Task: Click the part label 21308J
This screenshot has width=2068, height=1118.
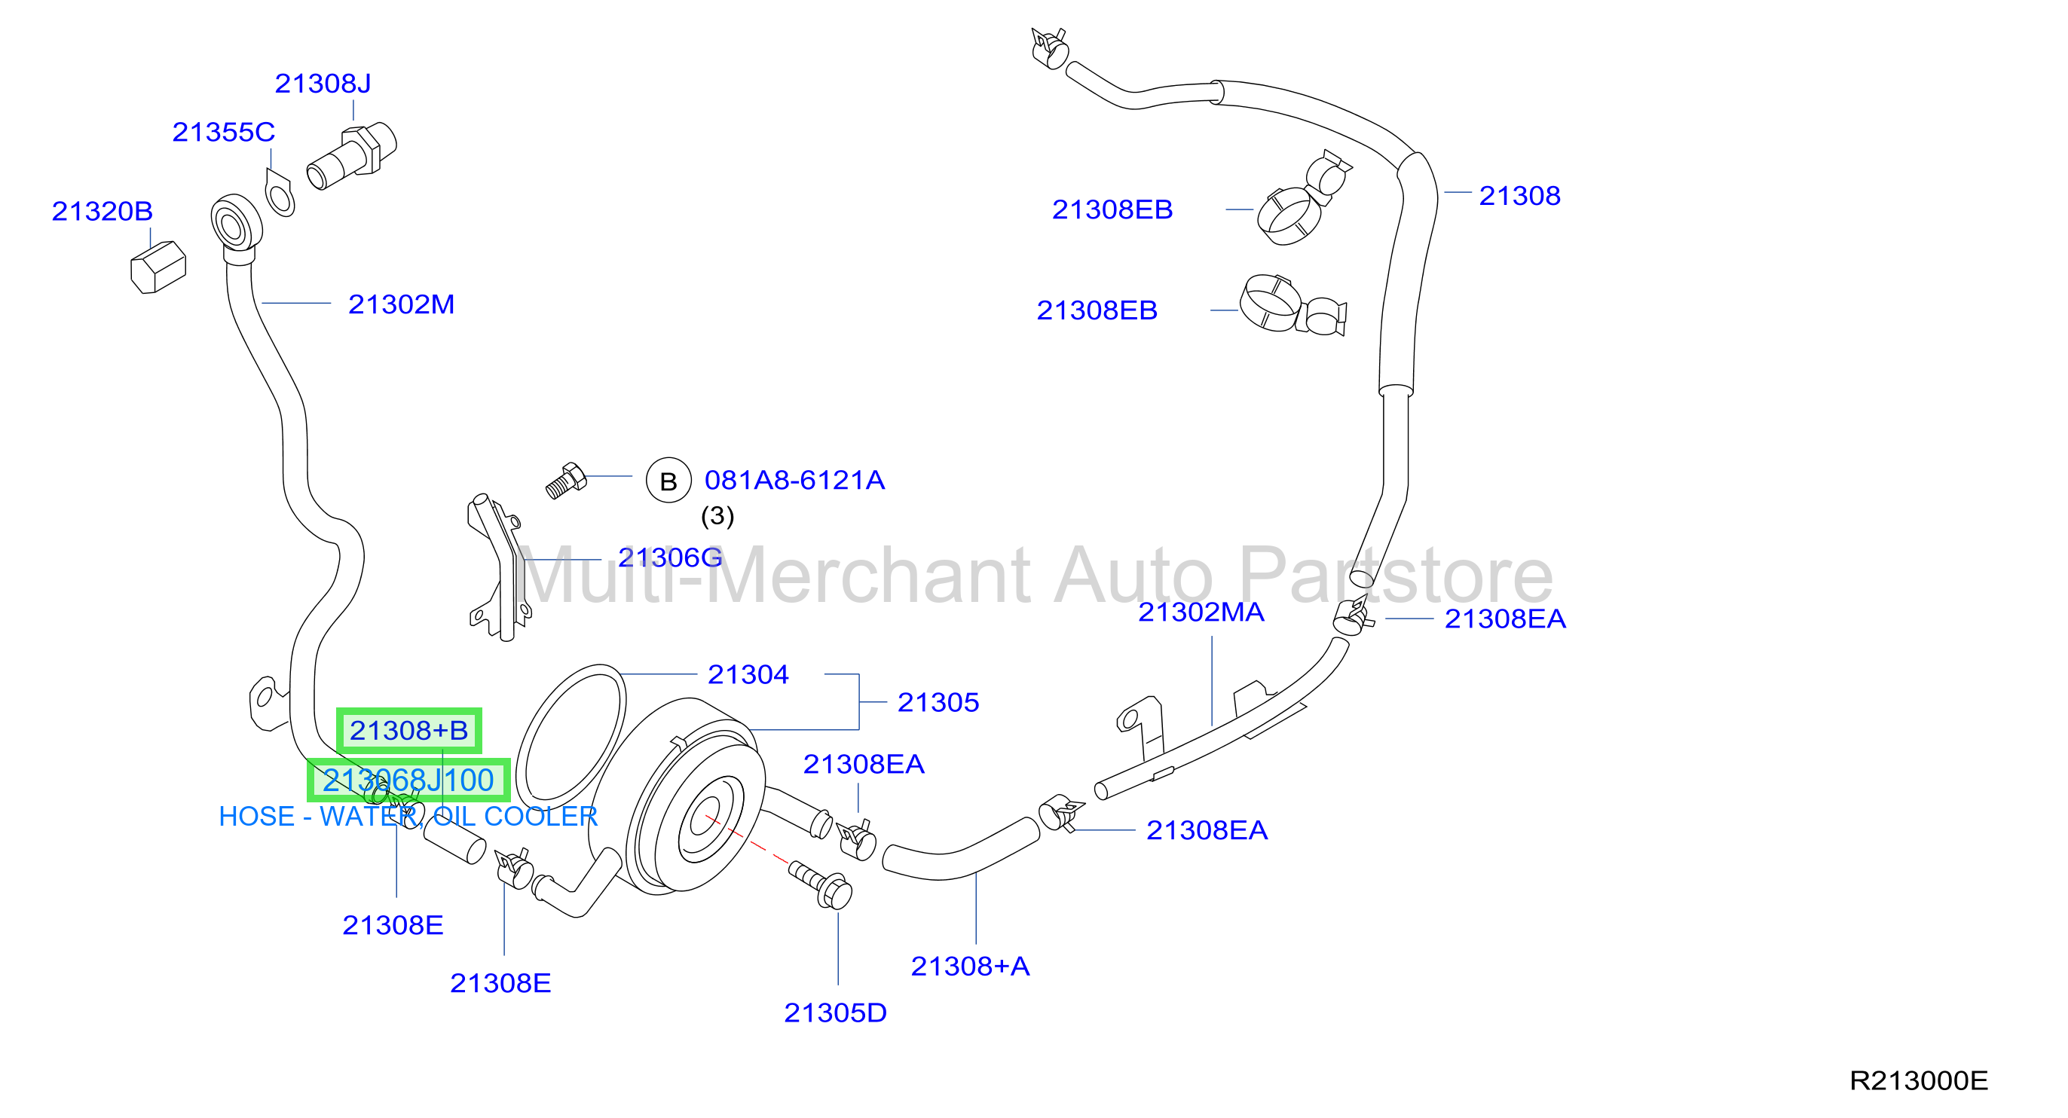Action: click(323, 84)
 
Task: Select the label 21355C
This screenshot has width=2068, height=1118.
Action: click(223, 132)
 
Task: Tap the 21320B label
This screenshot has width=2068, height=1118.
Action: click(102, 211)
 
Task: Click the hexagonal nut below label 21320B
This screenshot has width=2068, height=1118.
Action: click(158, 267)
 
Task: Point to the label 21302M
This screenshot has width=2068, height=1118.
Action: click(402, 304)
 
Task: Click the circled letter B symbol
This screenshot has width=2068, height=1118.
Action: click(668, 481)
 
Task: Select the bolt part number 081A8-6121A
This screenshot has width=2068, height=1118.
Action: click(795, 480)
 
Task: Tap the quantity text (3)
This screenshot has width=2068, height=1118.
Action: click(717, 515)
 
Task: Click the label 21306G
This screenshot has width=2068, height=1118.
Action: click(670, 557)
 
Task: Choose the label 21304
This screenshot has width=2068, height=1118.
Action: click(748, 674)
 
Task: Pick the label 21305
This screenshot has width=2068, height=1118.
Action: click(938, 702)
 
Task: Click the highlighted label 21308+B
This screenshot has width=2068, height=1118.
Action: click(408, 730)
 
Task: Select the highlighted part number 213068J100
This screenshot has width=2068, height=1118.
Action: click(408, 780)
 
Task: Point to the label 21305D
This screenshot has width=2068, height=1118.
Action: click(836, 1013)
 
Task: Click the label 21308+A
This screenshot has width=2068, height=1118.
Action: click(970, 967)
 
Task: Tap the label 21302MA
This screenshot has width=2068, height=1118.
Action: click(1201, 612)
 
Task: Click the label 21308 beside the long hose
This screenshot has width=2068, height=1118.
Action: click(1519, 196)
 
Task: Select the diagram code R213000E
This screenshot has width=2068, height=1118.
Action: click(1919, 1080)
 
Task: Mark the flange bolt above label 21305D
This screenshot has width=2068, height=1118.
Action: click(821, 884)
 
